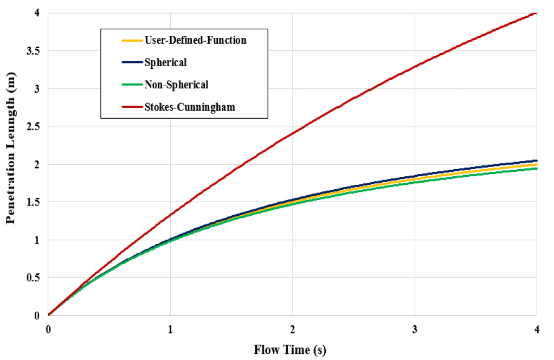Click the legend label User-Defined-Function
[x=195, y=40]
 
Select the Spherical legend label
[x=165, y=62]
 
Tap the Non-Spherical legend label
[x=176, y=85]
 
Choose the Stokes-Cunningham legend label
[x=189, y=107]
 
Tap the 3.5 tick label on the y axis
[x=34, y=50]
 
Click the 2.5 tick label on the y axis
[x=34, y=126]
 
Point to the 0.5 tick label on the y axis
[x=34, y=278]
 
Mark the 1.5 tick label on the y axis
[x=34, y=202]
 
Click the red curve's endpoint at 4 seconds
[x=536, y=12]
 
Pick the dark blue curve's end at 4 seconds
[x=536, y=160]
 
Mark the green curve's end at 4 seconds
[x=536, y=168]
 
